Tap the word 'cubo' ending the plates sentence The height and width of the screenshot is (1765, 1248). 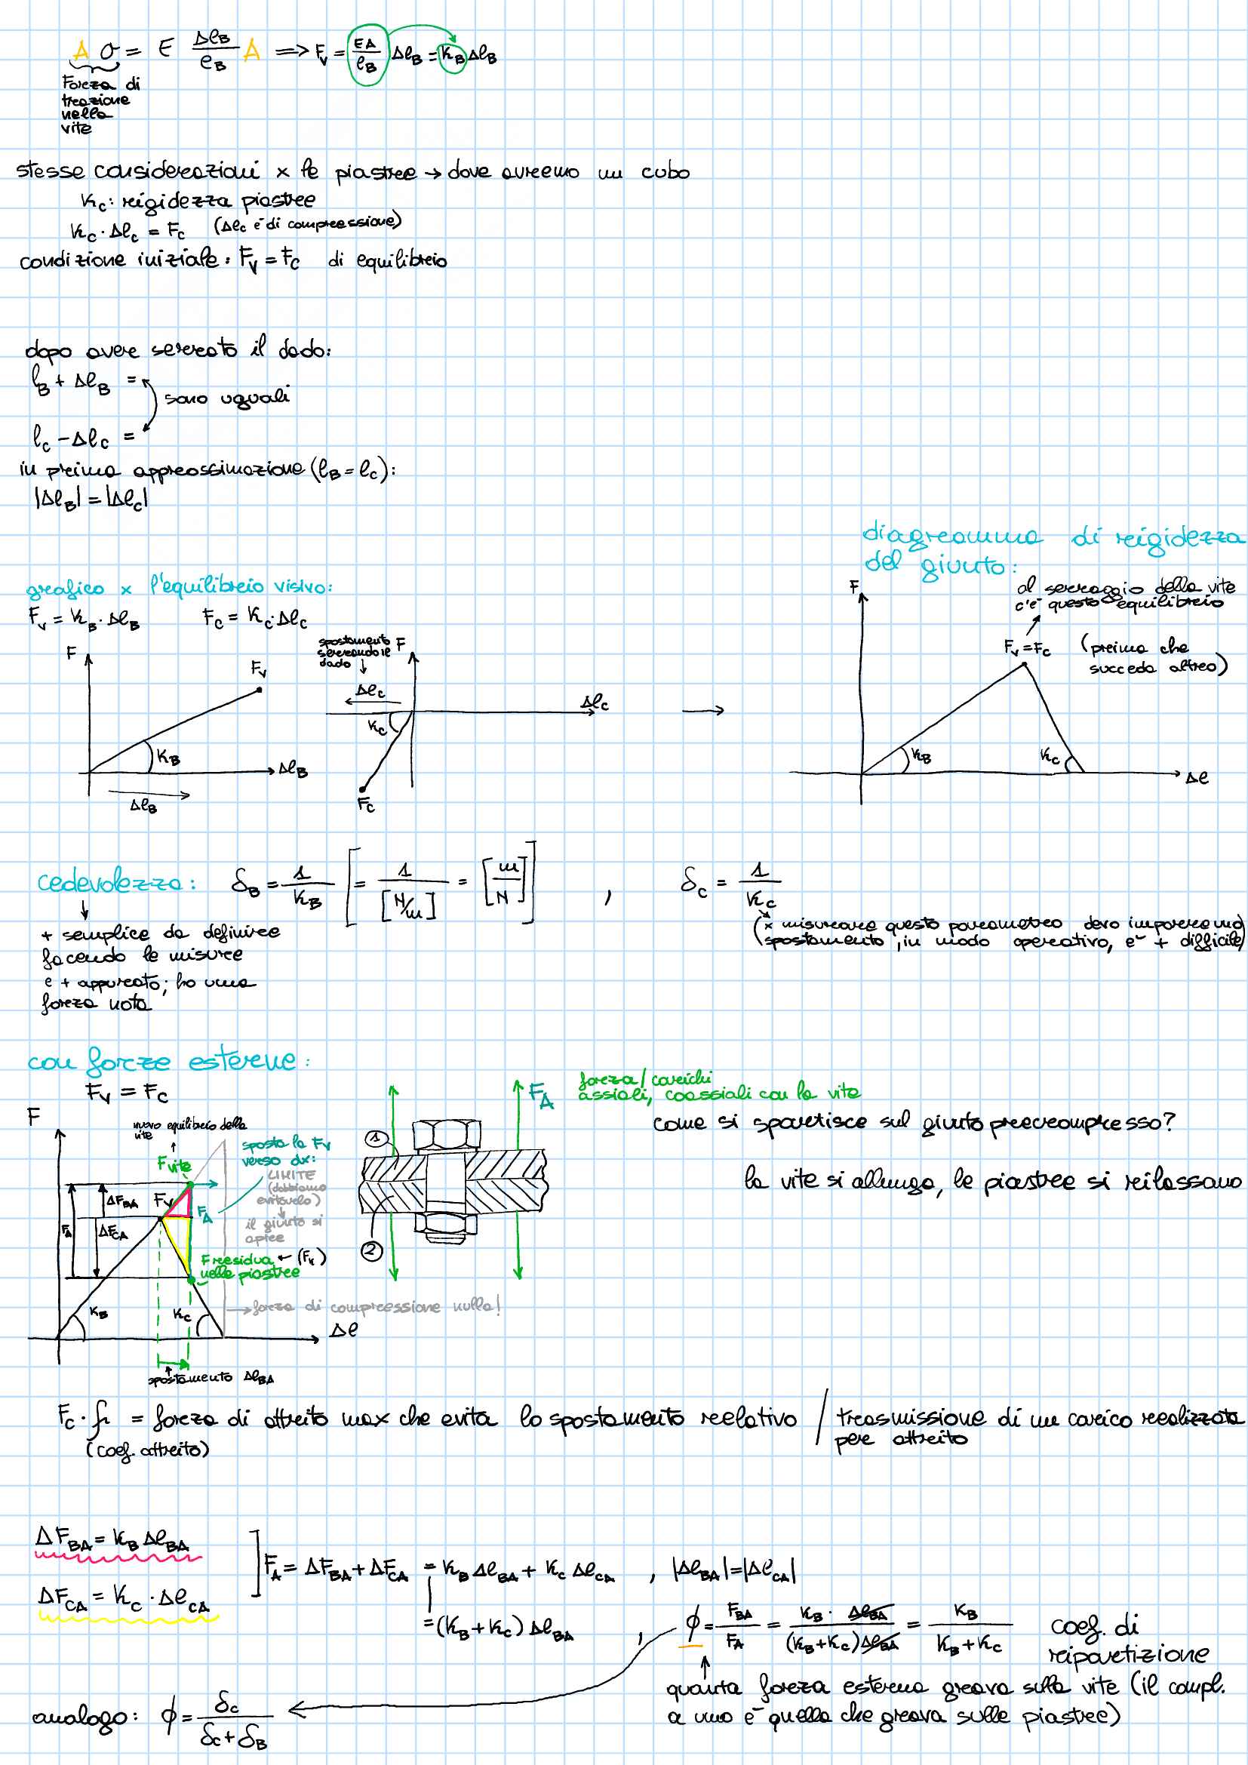pos(665,173)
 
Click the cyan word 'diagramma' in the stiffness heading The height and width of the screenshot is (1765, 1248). pos(952,536)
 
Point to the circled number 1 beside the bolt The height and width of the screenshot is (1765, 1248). pos(375,1138)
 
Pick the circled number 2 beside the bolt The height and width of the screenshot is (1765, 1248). pos(372,1250)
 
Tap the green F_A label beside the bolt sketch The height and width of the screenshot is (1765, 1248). pos(541,1096)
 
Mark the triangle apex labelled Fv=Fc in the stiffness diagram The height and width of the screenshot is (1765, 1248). pos(1025,664)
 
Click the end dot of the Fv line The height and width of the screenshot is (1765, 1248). pos(260,690)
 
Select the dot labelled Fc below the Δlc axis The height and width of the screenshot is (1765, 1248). pos(363,789)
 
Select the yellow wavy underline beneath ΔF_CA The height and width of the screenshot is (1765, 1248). pos(128,1618)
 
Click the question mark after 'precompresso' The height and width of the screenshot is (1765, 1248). pos(1167,1121)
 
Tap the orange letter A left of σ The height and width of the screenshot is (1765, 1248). pos(81,51)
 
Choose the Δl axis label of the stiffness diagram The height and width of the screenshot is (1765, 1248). pos(1197,778)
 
